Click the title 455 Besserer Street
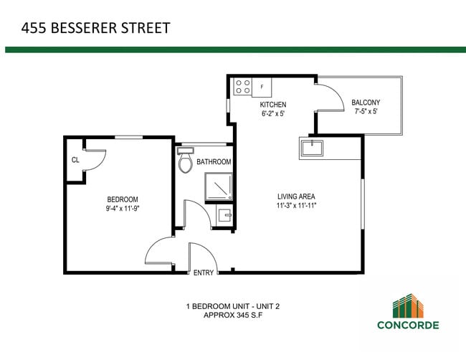(x=95, y=29)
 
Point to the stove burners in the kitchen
(x=242, y=87)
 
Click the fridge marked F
(x=262, y=87)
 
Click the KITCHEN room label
(x=272, y=105)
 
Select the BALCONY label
(x=365, y=103)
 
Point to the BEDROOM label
(x=123, y=199)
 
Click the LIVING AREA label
(x=296, y=196)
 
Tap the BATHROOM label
(x=214, y=162)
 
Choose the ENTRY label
(x=203, y=273)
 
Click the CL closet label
(x=75, y=159)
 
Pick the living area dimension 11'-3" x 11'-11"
(x=296, y=206)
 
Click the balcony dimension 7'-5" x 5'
(x=365, y=112)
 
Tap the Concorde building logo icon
(x=409, y=305)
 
